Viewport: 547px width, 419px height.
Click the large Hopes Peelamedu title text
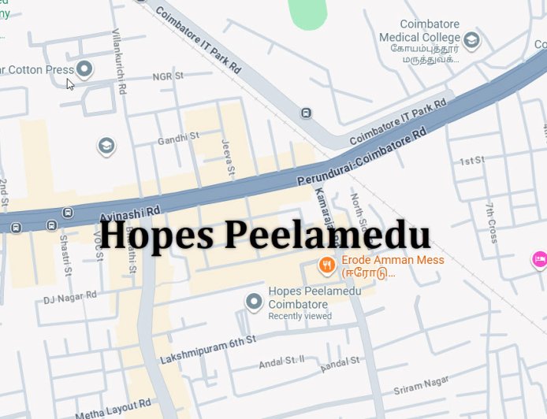[x=265, y=235]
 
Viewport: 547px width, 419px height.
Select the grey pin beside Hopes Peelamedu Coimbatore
[x=254, y=302]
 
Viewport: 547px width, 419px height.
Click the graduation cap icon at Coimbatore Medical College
[x=471, y=39]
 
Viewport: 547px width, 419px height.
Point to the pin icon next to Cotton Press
[x=84, y=69]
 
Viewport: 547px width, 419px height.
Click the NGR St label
[x=167, y=76]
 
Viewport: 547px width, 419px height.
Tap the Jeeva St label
[x=228, y=158]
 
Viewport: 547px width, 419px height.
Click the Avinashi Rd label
[x=130, y=213]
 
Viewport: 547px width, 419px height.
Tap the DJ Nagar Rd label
[x=69, y=297]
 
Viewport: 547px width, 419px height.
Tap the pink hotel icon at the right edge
[x=539, y=258]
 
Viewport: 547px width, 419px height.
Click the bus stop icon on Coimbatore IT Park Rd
[x=306, y=113]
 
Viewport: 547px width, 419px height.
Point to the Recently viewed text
[x=300, y=316]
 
